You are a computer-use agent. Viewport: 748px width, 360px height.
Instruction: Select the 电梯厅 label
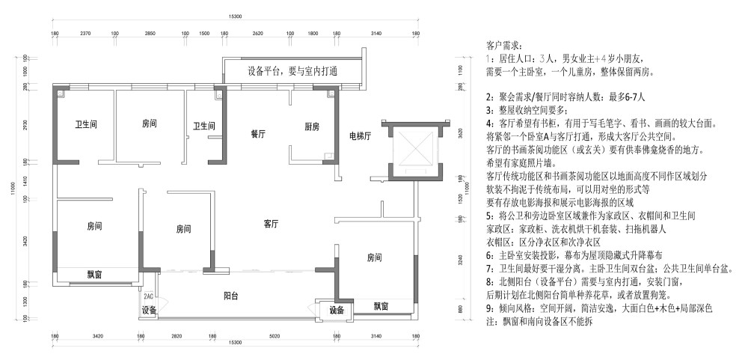tap(362, 137)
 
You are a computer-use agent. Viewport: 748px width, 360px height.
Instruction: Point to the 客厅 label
tap(271, 224)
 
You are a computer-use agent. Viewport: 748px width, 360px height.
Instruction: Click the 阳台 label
tap(231, 297)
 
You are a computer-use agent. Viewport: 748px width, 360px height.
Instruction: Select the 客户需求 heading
tap(507, 46)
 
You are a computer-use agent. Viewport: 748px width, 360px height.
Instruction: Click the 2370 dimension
tap(86, 34)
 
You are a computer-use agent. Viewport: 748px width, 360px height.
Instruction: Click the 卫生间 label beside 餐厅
tap(204, 126)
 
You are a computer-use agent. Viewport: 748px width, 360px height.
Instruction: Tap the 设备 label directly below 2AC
tap(149, 311)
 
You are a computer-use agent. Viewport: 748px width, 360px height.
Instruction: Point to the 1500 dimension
tap(203, 34)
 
